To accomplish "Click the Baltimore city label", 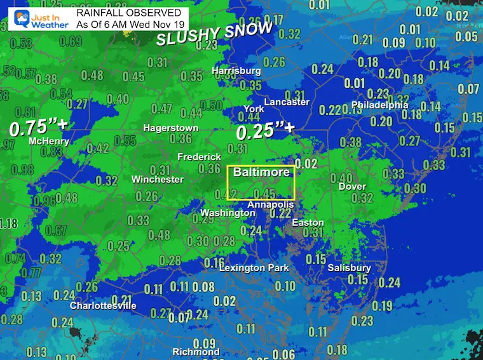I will tap(261, 172).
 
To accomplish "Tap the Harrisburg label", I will tap(236, 71).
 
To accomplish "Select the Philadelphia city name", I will tap(379, 105).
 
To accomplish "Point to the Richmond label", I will tap(196, 352).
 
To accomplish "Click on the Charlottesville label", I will tap(103, 306).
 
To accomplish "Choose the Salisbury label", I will tap(349, 268).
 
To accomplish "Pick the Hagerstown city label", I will tap(170, 128).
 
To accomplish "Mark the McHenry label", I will tap(49, 142).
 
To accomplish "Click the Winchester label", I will tap(157, 180).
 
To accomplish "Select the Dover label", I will tap(352, 187).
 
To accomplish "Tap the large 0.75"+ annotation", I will tap(38, 127).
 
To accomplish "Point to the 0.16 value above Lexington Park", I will tap(214, 263).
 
